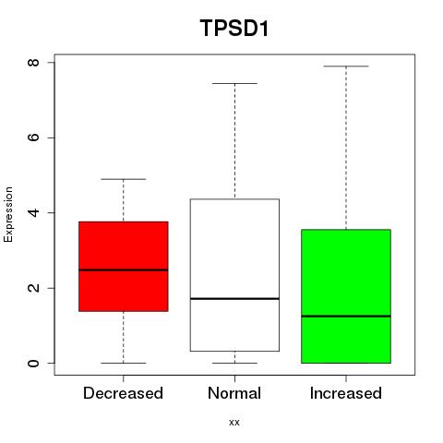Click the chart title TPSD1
point(234,28)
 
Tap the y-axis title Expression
point(8,214)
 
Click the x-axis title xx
point(234,423)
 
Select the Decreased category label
point(123,393)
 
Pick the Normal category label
point(234,393)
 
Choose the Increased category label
point(346,393)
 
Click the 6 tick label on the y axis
point(33,138)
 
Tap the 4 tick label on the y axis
point(33,212)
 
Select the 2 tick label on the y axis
point(33,288)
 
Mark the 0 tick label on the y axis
point(33,363)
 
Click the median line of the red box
point(124,270)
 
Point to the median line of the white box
point(234,299)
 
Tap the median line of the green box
point(346,316)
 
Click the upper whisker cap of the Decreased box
point(124,179)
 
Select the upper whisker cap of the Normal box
point(234,83)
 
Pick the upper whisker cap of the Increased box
point(346,66)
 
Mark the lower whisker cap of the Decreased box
point(124,363)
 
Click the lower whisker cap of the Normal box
point(234,363)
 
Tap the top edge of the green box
point(346,230)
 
